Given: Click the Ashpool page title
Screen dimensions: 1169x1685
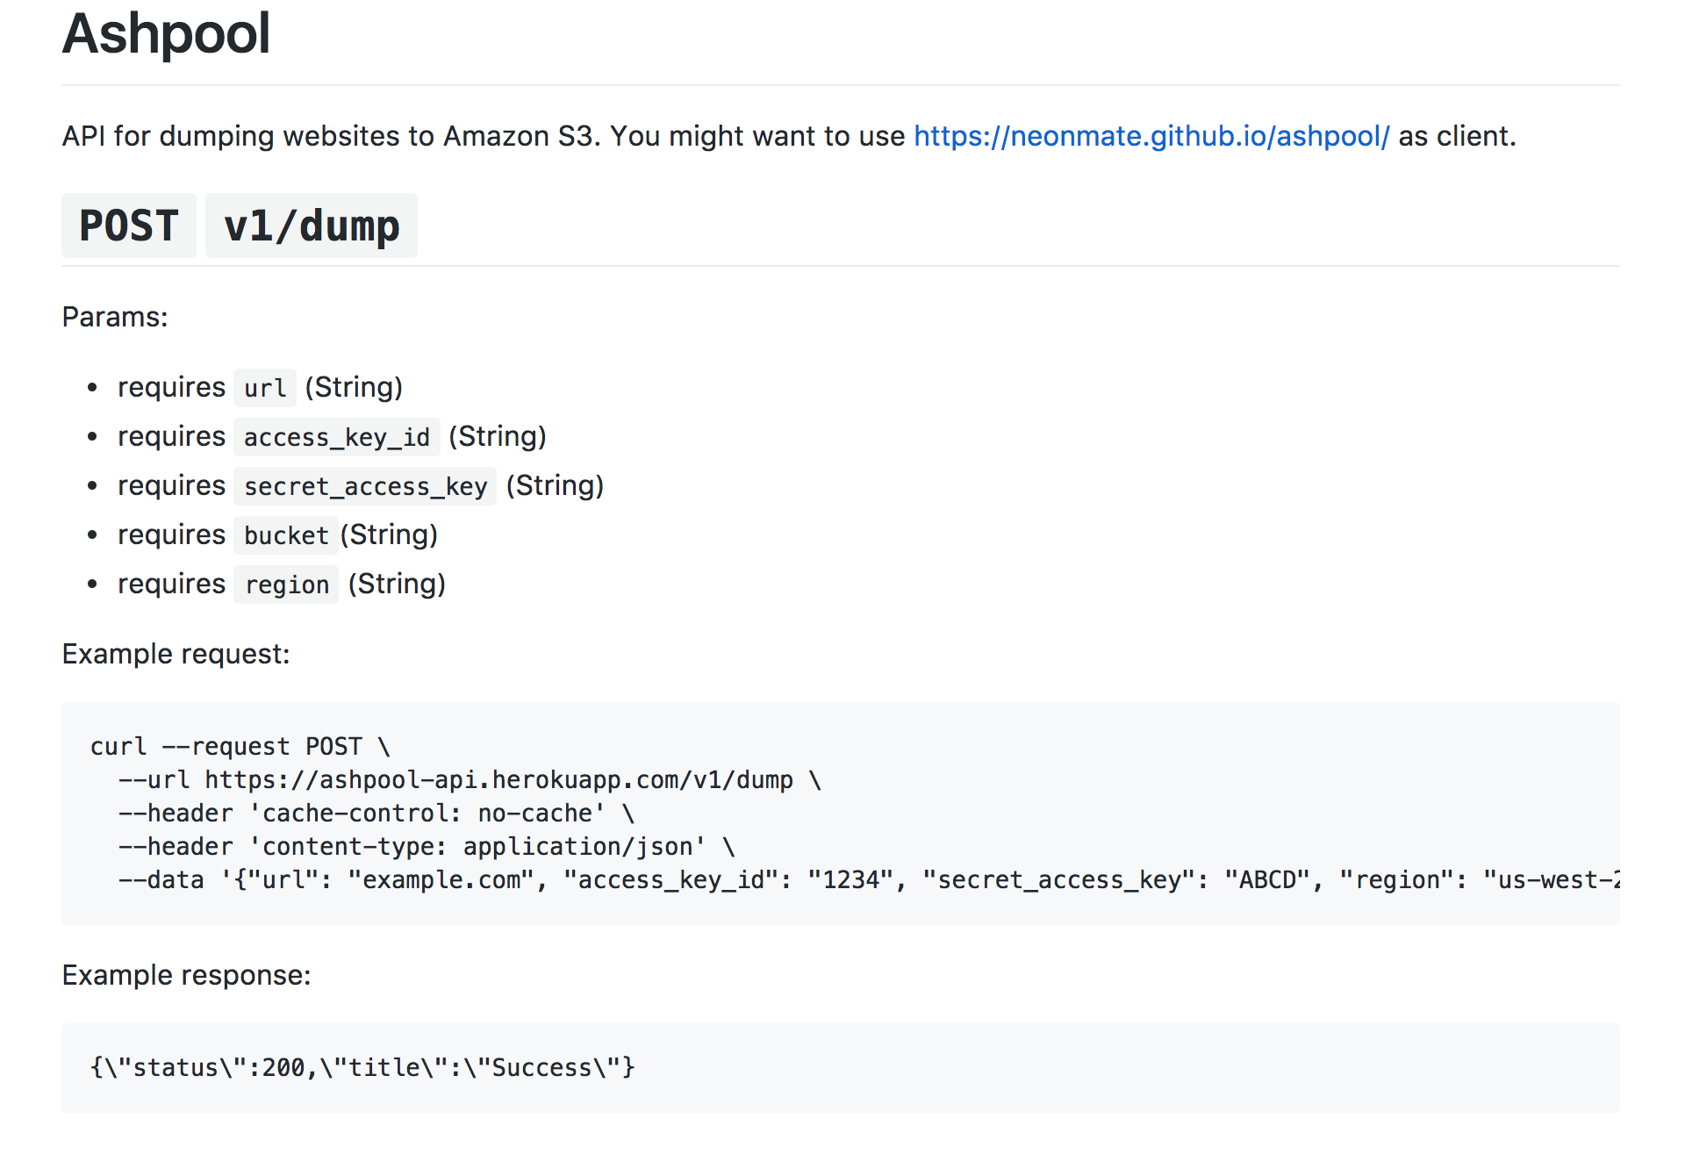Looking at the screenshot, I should (x=166, y=34).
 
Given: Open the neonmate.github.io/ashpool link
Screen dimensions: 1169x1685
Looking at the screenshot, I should (x=1151, y=136).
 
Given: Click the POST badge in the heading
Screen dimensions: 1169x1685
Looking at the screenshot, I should (x=129, y=226).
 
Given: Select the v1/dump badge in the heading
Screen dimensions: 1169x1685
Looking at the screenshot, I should (x=312, y=226).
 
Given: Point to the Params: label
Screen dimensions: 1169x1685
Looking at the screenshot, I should (x=115, y=317).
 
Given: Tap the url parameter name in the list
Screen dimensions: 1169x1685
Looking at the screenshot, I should (x=265, y=388).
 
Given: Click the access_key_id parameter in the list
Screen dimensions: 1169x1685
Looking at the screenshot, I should (x=337, y=437).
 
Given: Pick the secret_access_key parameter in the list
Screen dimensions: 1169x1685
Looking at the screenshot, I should (x=365, y=486).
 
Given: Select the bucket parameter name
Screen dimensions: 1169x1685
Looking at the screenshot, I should (x=286, y=535).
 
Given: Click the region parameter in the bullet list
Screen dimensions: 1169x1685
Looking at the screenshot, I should (x=287, y=584).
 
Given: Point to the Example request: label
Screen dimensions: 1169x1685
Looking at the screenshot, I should (x=176, y=654).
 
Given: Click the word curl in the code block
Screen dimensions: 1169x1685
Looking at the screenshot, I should (x=118, y=747).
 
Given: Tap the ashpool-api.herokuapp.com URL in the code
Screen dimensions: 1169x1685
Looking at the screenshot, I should (x=498, y=780).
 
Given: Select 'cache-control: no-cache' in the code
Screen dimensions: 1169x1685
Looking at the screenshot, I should (x=427, y=814).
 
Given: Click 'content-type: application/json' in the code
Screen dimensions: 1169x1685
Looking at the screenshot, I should (x=477, y=847).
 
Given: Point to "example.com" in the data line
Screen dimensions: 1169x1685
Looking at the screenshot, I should (x=441, y=880).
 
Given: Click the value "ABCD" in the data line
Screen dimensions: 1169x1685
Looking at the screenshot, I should (x=1267, y=880).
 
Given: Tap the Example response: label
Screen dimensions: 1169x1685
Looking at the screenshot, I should (x=186, y=975).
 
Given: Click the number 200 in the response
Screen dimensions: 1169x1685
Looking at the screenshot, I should (x=283, y=1068).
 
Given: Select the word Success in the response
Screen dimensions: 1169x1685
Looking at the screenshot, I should (x=541, y=1068).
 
